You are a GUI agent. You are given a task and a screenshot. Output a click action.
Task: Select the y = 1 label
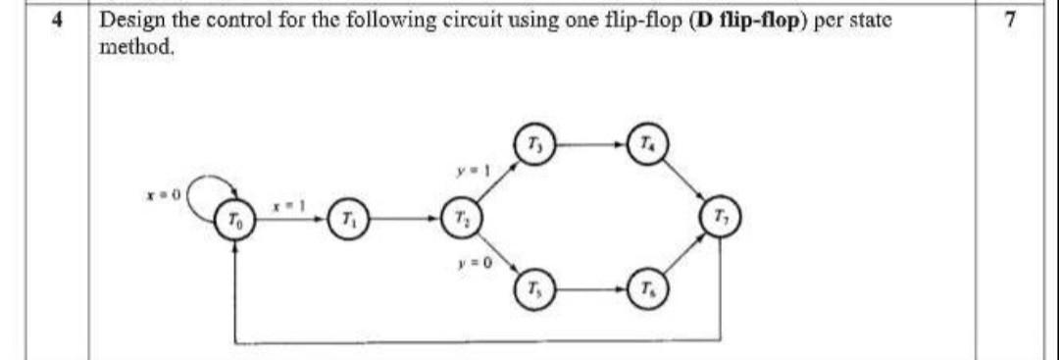tap(467, 173)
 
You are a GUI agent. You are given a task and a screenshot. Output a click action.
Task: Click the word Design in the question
tap(133, 19)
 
